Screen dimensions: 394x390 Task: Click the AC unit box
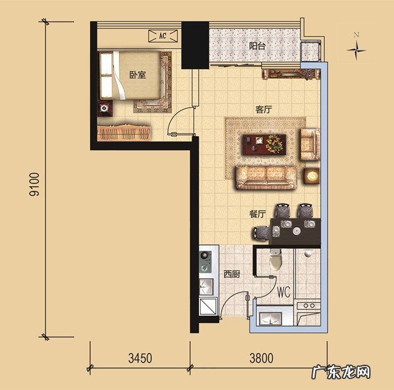click(163, 36)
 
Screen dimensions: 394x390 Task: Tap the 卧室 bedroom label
click(137, 75)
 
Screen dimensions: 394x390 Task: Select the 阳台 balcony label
click(257, 46)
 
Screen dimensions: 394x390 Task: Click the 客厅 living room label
click(263, 110)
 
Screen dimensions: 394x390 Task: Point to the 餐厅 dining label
click(257, 214)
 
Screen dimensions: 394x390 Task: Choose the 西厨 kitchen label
click(231, 274)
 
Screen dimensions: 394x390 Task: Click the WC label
click(283, 292)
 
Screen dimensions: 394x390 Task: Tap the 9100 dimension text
click(34, 184)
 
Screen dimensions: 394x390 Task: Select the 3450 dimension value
click(140, 358)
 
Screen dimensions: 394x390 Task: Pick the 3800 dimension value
click(261, 358)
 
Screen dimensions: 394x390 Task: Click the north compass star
click(356, 50)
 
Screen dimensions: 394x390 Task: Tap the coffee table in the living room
click(265, 144)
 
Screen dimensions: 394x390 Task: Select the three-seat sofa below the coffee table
click(266, 177)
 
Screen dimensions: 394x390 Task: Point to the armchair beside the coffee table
click(310, 144)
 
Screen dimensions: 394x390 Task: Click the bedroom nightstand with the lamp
click(105, 108)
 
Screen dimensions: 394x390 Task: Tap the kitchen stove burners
click(205, 261)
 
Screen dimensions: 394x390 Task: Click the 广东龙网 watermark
click(341, 372)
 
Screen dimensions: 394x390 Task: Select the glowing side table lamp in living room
click(312, 176)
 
